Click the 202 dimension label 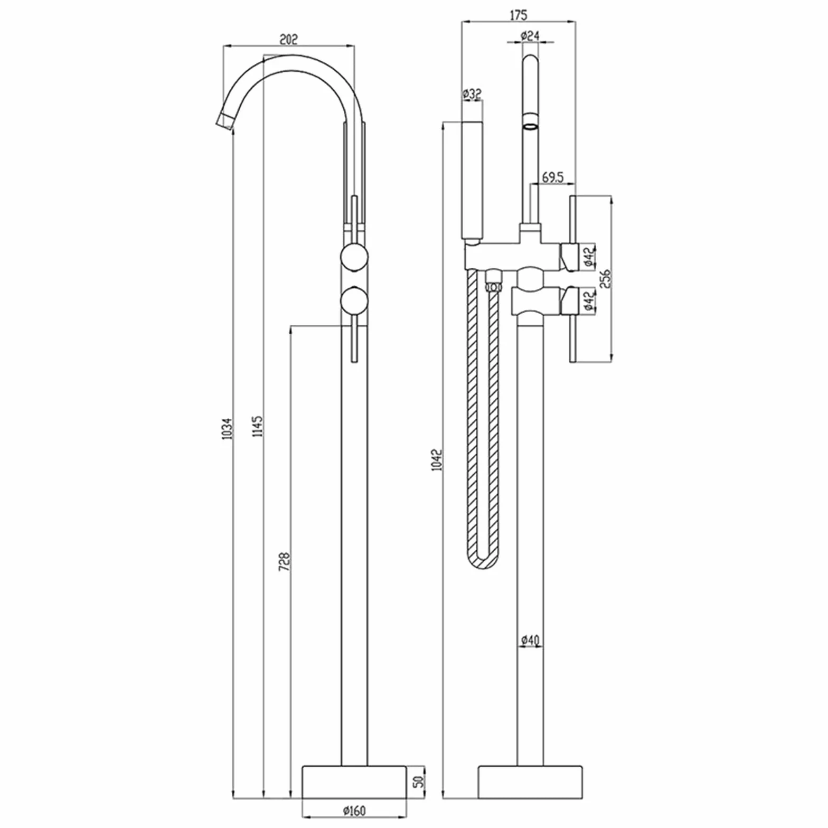click(x=288, y=39)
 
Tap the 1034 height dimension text click(x=228, y=428)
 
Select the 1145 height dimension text click(x=258, y=426)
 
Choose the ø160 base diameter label click(x=354, y=810)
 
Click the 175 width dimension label click(x=518, y=15)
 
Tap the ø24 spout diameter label click(x=530, y=36)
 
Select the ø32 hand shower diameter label click(x=472, y=94)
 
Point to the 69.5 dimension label click(x=552, y=177)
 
